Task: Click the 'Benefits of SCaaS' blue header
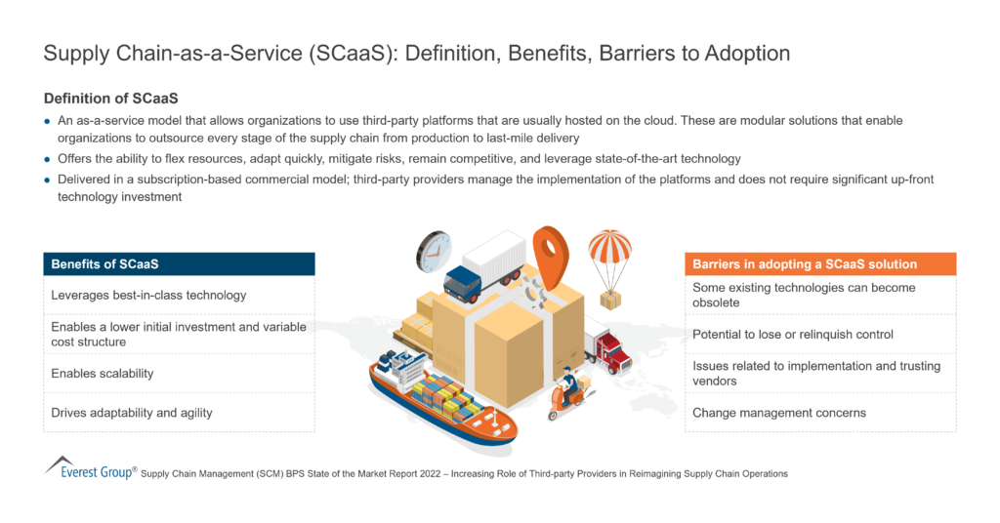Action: click(179, 264)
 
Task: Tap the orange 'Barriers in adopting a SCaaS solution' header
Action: click(819, 264)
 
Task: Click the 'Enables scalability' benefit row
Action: click(103, 374)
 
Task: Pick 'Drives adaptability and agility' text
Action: click(132, 413)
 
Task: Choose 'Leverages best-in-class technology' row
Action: click(148, 296)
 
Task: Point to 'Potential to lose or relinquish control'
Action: click(792, 335)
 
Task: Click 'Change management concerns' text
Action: click(779, 413)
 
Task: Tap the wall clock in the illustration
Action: click(434, 251)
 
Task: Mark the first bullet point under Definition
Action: click(49, 121)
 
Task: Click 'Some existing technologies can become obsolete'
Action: click(803, 295)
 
